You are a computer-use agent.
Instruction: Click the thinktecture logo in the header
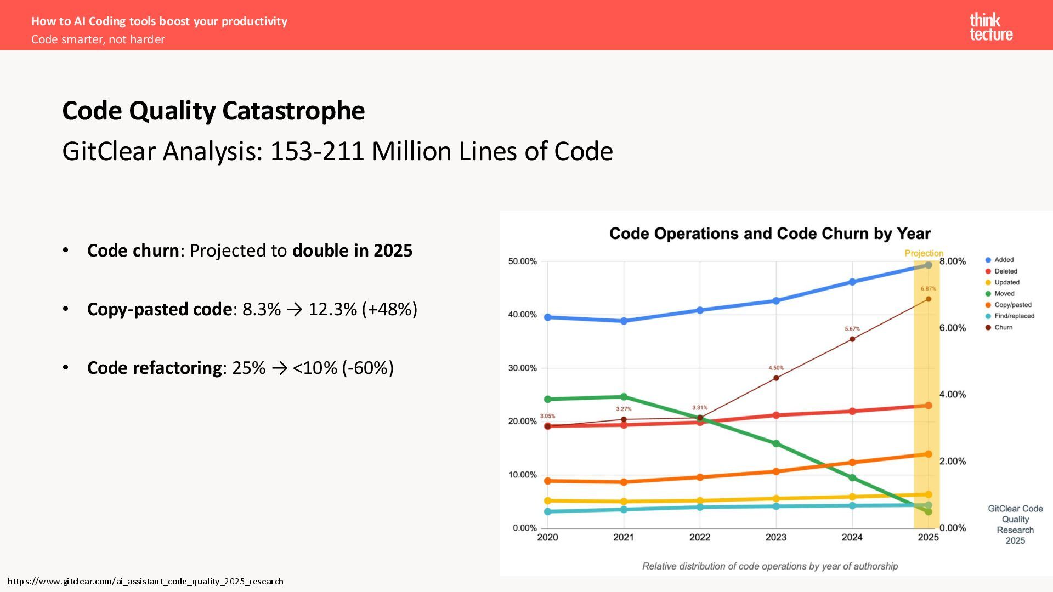tap(990, 27)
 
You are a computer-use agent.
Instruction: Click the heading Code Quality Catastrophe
tap(213, 111)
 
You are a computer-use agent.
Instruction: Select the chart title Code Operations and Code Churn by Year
tap(769, 234)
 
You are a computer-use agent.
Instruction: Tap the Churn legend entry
tap(1003, 327)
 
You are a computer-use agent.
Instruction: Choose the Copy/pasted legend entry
tap(1012, 305)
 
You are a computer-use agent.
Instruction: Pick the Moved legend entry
tap(1004, 294)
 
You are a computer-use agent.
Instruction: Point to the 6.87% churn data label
tap(928, 289)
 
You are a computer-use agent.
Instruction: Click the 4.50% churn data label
tap(775, 368)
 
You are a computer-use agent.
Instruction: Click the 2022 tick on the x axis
tap(699, 538)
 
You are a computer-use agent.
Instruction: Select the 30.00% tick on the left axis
tap(522, 368)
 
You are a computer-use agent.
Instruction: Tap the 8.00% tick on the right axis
tap(953, 261)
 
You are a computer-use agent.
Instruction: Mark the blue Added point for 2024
tap(852, 282)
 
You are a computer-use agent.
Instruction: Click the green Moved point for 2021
tap(624, 397)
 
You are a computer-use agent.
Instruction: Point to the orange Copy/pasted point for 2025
tap(928, 454)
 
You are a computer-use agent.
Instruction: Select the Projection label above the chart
tap(924, 253)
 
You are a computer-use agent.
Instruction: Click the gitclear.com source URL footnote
tap(145, 581)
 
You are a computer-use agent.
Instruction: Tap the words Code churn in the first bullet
tap(133, 251)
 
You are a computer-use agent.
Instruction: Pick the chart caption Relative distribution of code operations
tap(769, 566)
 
